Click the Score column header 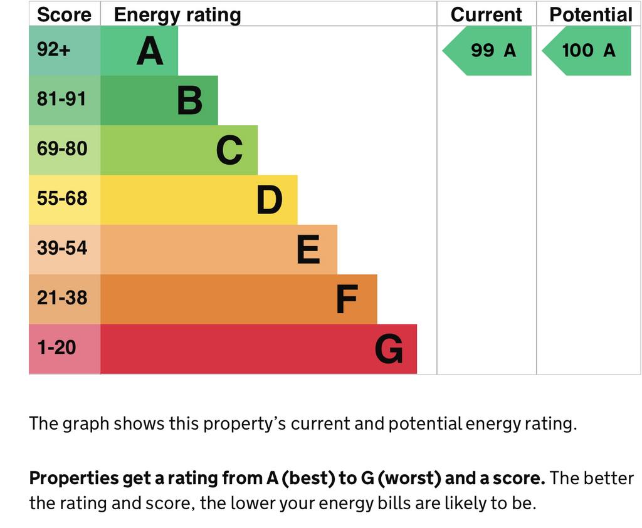click(x=64, y=14)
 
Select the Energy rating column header click(x=177, y=14)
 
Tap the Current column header click(x=486, y=14)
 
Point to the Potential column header click(x=591, y=14)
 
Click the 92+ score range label click(x=54, y=50)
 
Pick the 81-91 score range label click(x=61, y=100)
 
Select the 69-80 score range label click(x=61, y=149)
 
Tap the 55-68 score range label click(x=61, y=199)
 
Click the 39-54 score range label click(x=61, y=248)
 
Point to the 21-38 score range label click(x=61, y=298)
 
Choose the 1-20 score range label click(x=56, y=348)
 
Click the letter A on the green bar click(x=150, y=51)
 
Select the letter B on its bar click(x=189, y=101)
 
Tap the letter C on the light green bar click(x=229, y=150)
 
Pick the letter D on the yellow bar click(x=270, y=200)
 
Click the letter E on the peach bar click(x=308, y=250)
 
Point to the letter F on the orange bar click(x=347, y=299)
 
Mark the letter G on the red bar click(x=389, y=349)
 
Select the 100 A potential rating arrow click(x=588, y=51)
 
